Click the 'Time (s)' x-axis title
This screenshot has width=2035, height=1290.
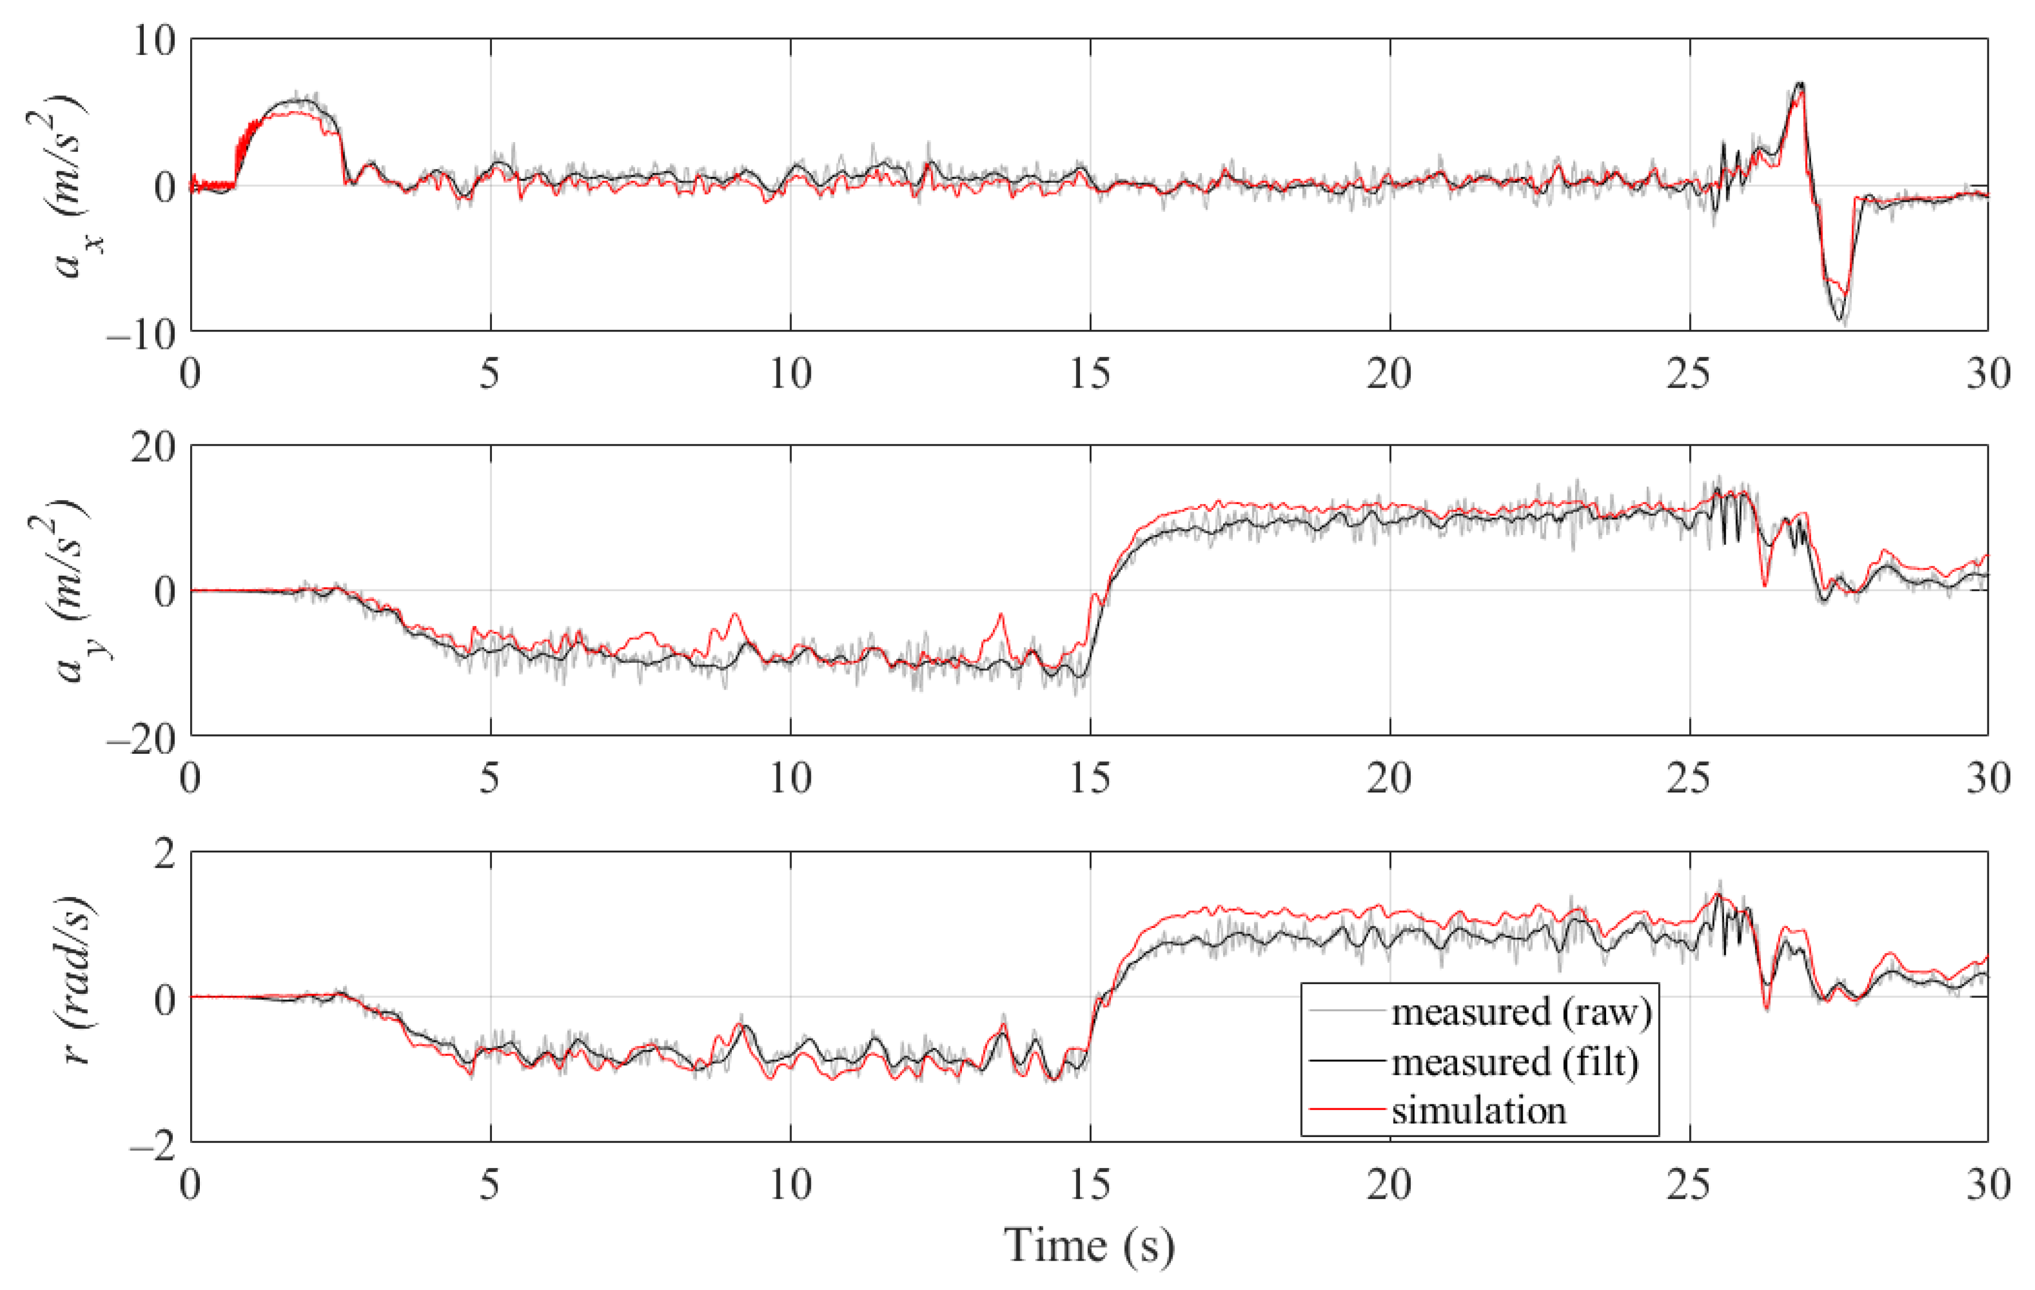1089,1245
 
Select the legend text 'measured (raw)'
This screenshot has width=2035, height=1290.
1521,1012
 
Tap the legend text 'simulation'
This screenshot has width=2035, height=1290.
1479,1110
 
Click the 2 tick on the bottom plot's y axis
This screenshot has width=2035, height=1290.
165,854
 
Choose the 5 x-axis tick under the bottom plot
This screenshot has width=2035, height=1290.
490,1185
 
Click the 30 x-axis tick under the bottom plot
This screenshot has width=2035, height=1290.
1987,1185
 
